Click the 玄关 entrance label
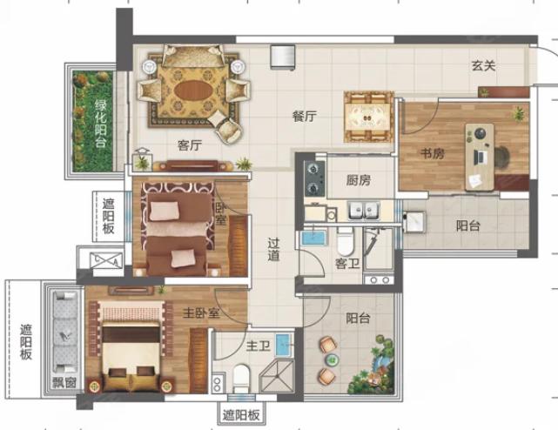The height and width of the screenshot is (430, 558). pos(484,65)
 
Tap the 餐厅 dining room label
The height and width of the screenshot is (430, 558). pos(305,116)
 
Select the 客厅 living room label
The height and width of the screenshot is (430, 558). pos(190,144)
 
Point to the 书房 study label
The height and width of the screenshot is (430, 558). pos(433,154)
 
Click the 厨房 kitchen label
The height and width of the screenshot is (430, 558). pos(359,180)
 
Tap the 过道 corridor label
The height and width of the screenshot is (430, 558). pos(273,250)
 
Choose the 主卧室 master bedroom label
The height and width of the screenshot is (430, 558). pos(201,312)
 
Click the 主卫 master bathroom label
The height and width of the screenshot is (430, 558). pos(259,346)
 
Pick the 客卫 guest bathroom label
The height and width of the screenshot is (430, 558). pos(347,264)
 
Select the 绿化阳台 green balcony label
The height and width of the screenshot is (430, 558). pos(101,123)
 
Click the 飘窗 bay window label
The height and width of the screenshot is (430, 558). pos(64,383)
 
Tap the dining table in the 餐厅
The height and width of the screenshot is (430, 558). pos(368,117)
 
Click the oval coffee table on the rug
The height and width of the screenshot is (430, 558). pos(192,91)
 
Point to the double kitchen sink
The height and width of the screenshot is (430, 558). pos(363,211)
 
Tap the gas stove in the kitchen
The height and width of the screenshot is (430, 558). pos(314,179)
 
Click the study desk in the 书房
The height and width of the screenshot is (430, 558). pos(480,157)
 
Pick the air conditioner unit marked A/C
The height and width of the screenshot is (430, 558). pos(106,260)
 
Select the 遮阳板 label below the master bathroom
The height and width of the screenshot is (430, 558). pos(241,415)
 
